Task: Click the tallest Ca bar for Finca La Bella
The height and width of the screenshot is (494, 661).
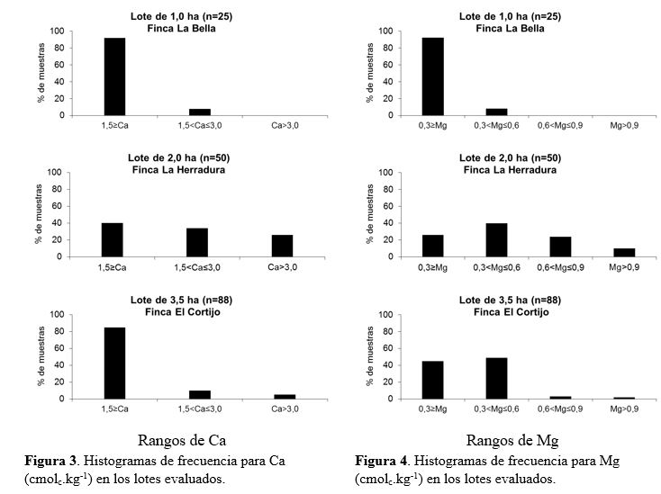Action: tap(114, 76)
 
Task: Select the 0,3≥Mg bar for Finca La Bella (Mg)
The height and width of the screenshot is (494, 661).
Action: tap(432, 76)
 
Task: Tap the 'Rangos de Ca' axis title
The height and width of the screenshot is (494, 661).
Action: tap(181, 441)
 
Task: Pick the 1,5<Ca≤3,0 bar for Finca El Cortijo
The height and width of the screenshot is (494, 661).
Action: tap(197, 394)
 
